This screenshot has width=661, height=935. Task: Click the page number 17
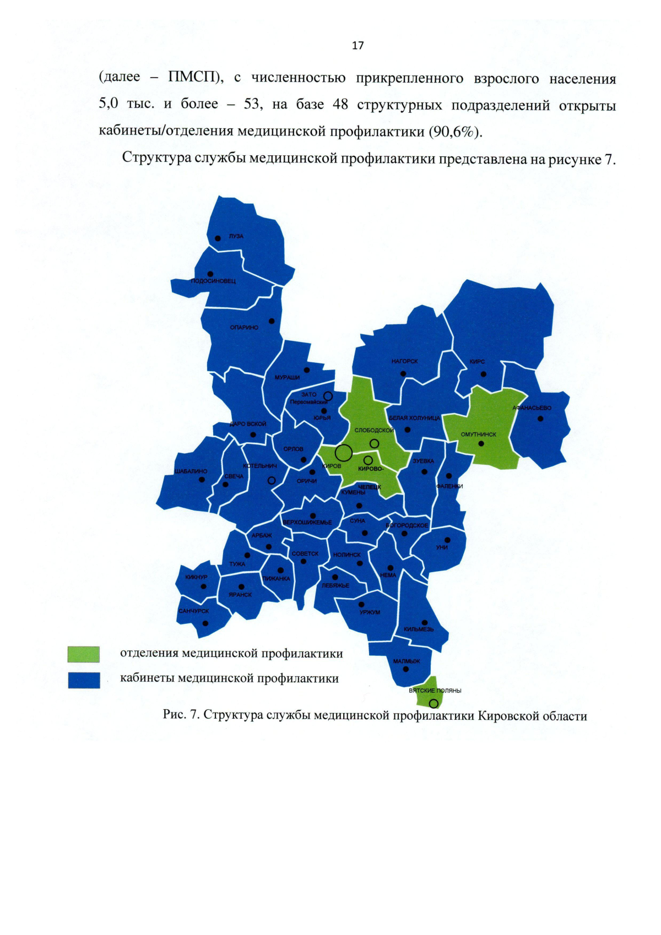[x=357, y=46]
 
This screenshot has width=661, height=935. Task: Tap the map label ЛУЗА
[x=236, y=236]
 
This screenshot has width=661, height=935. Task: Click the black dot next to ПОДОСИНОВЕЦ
[x=210, y=274]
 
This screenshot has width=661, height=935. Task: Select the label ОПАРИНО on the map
[x=244, y=328]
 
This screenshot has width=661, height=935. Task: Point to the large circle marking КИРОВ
[x=344, y=453]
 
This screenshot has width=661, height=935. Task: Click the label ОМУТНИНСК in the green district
[x=478, y=434]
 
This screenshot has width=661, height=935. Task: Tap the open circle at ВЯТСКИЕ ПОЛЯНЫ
[x=434, y=703]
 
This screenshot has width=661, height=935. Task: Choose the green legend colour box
[x=84, y=654]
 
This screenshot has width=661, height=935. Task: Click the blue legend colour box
[x=84, y=680]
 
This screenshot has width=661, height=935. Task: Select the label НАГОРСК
[x=404, y=361]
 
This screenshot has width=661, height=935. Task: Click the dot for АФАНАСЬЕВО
[x=540, y=418]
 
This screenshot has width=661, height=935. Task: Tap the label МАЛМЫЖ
[x=407, y=661]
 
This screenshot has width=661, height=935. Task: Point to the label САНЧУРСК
[x=193, y=611]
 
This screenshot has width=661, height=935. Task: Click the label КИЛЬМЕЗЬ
[x=419, y=629]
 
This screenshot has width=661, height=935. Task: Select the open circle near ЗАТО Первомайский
[x=328, y=396]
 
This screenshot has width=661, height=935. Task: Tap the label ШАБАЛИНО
[x=191, y=471]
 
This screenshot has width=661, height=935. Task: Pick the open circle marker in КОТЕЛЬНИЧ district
[x=271, y=480]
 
